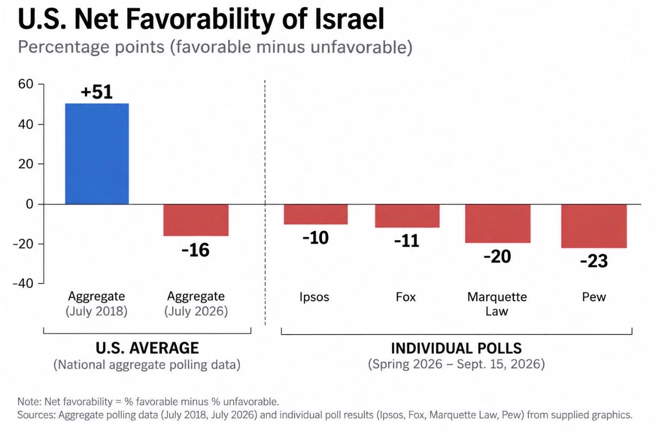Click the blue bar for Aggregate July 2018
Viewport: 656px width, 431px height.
[97, 153]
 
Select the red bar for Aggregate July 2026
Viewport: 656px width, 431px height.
[196, 220]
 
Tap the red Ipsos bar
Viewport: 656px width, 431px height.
[316, 215]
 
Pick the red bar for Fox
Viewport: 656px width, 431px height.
[408, 216]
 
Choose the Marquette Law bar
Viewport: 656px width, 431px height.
[498, 223]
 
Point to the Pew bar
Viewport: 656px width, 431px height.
[594, 226]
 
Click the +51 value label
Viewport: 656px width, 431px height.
[96, 92]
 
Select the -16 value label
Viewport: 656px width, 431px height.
[195, 250]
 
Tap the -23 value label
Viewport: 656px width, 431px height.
[594, 261]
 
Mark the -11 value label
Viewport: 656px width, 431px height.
[407, 241]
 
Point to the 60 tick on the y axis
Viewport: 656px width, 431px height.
[25, 84]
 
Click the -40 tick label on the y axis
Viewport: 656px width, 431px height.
[23, 283]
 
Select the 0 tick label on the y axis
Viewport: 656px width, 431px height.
[30, 204]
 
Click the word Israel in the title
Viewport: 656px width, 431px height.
[349, 19]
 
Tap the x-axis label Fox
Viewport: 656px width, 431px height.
[406, 297]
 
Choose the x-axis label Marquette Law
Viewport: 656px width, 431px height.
[497, 304]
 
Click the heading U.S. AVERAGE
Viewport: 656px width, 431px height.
[147, 348]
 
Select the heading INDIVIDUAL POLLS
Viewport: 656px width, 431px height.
[456, 348]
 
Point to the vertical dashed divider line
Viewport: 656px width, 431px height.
[265, 203]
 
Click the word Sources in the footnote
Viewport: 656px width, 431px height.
[36, 415]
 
